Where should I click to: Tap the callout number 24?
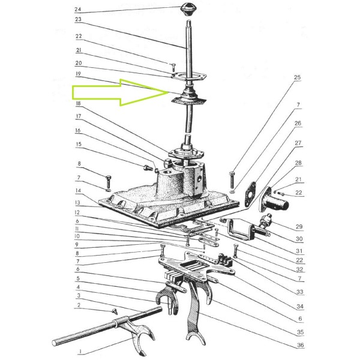(78, 9)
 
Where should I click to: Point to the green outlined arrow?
(121, 92)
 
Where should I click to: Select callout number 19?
(78, 74)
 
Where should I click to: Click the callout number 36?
(301, 345)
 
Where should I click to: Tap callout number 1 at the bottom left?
(80, 351)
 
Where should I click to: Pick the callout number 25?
(298, 77)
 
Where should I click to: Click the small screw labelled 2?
(115, 311)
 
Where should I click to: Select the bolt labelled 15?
(148, 168)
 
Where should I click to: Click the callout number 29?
(299, 227)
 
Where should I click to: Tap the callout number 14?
(78, 190)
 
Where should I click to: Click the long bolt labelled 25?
(232, 180)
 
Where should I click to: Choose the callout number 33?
(300, 292)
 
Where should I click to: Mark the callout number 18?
(78, 103)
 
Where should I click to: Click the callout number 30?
(299, 239)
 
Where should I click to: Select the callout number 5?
(78, 278)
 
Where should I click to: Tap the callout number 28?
(298, 163)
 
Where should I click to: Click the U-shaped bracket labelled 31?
(239, 230)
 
